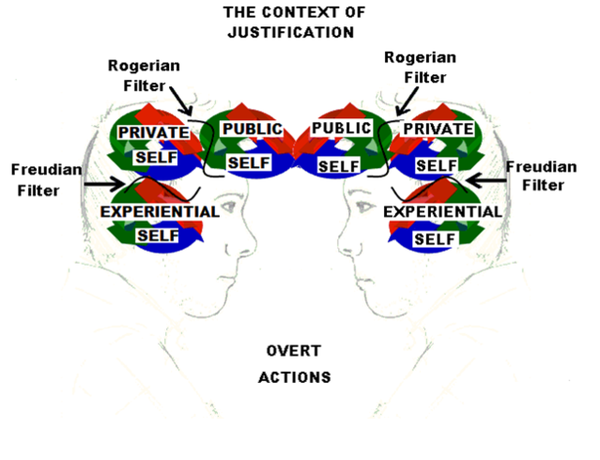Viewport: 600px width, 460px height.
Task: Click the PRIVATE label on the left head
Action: (x=154, y=132)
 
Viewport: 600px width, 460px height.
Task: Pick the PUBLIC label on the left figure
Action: (x=251, y=129)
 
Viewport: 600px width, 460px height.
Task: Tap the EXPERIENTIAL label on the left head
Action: (x=159, y=211)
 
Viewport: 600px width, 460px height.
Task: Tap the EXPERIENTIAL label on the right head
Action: (x=442, y=212)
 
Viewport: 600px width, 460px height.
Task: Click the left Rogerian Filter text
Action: (x=144, y=74)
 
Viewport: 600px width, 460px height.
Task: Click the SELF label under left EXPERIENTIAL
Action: (x=157, y=235)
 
